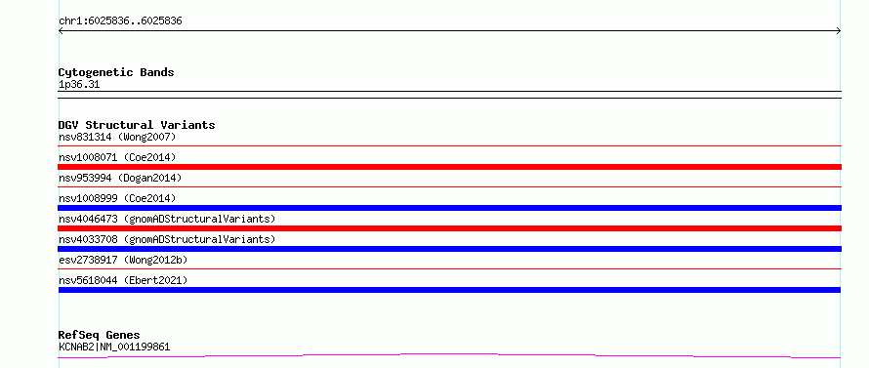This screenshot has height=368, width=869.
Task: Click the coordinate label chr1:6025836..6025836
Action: [x=120, y=21]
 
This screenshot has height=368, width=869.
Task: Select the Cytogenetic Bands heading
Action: [x=116, y=72]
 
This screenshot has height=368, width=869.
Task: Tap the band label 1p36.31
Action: [x=79, y=85]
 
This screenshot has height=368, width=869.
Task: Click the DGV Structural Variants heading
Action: [x=137, y=125]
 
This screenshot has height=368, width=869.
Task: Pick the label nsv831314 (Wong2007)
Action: [x=117, y=137]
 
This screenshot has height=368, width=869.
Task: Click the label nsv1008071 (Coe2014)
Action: [x=117, y=157]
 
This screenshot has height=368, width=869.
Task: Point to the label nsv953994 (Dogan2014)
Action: [x=120, y=178]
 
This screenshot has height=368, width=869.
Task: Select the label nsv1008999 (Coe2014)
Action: [x=117, y=198]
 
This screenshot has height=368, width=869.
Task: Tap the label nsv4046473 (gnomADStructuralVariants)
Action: [x=167, y=219]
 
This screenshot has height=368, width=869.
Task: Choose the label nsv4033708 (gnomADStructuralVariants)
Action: [x=167, y=239]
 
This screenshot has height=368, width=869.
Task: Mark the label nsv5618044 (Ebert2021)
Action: [x=123, y=280]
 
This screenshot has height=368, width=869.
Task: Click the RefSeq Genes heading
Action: [x=100, y=336]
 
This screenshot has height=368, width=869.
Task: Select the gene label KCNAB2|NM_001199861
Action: [x=114, y=348]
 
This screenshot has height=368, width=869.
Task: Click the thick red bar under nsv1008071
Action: [x=450, y=167]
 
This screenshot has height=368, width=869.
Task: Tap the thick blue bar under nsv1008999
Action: [x=450, y=208]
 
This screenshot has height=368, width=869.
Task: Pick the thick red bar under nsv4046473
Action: [x=450, y=228]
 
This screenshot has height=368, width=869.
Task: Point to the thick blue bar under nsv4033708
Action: [x=450, y=249]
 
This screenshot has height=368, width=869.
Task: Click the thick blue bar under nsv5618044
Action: [x=449, y=290]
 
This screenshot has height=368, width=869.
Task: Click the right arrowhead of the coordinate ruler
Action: [x=839, y=31]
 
